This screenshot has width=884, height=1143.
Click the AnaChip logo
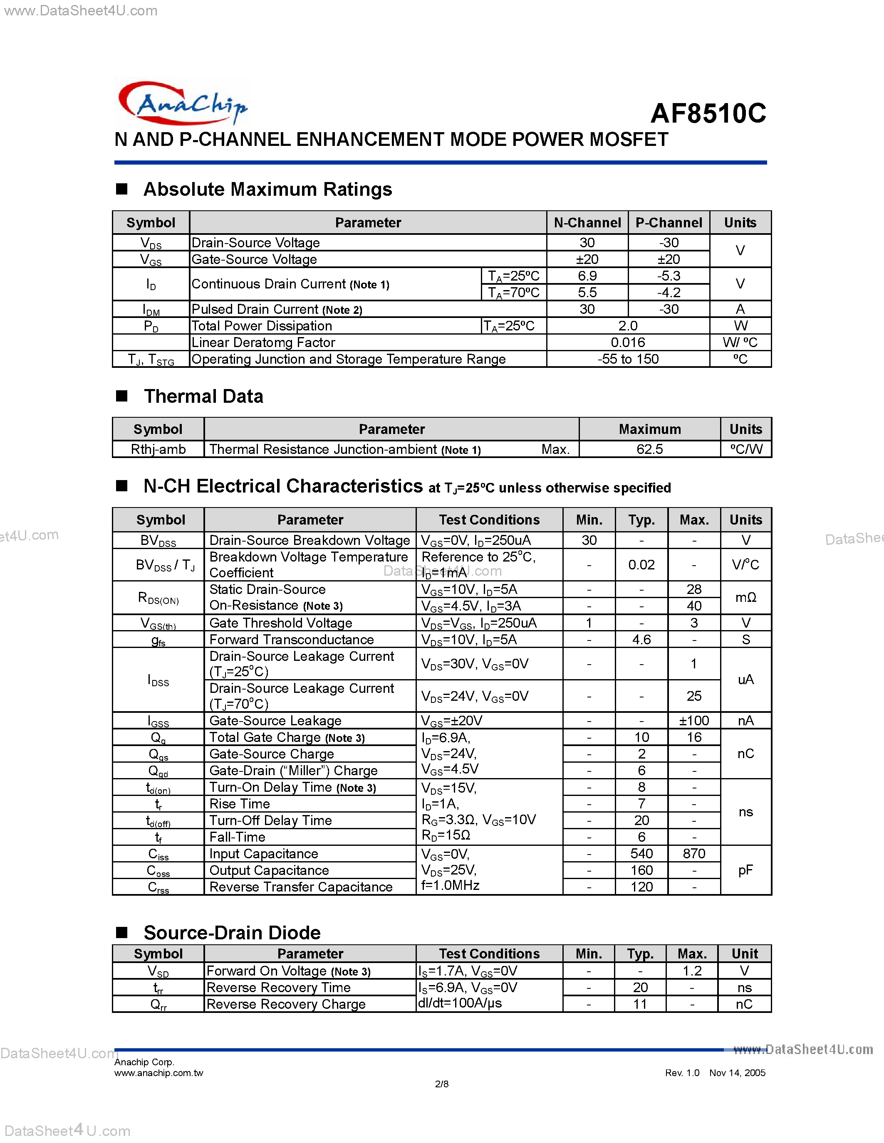(x=182, y=103)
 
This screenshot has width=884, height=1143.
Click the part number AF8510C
(x=708, y=113)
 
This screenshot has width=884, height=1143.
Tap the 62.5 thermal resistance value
(x=649, y=449)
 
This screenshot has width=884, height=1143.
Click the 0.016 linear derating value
(x=627, y=342)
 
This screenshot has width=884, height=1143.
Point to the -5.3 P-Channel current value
(x=669, y=276)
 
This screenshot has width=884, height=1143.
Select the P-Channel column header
(x=669, y=222)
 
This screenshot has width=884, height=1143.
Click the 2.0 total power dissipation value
(x=627, y=325)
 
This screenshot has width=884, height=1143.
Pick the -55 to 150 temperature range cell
(x=627, y=359)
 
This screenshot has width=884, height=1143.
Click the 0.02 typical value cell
(x=641, y=565)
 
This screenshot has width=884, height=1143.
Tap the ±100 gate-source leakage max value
(x=693, y=721)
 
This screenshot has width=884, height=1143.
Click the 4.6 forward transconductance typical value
(x=641, y=640)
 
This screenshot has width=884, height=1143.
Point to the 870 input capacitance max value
(x=693, y=854)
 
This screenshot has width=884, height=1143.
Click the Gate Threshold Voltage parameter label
(x=281, y=623)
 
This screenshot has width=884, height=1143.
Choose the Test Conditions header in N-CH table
(x=489, y=520)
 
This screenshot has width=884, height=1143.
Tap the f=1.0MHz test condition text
(x=451, y=885)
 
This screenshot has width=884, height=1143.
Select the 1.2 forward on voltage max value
(x=691, y=971)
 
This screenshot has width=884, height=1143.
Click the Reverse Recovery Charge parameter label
(x=286, y=1004)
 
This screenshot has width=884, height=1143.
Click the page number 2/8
(x=441, y=1084)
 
